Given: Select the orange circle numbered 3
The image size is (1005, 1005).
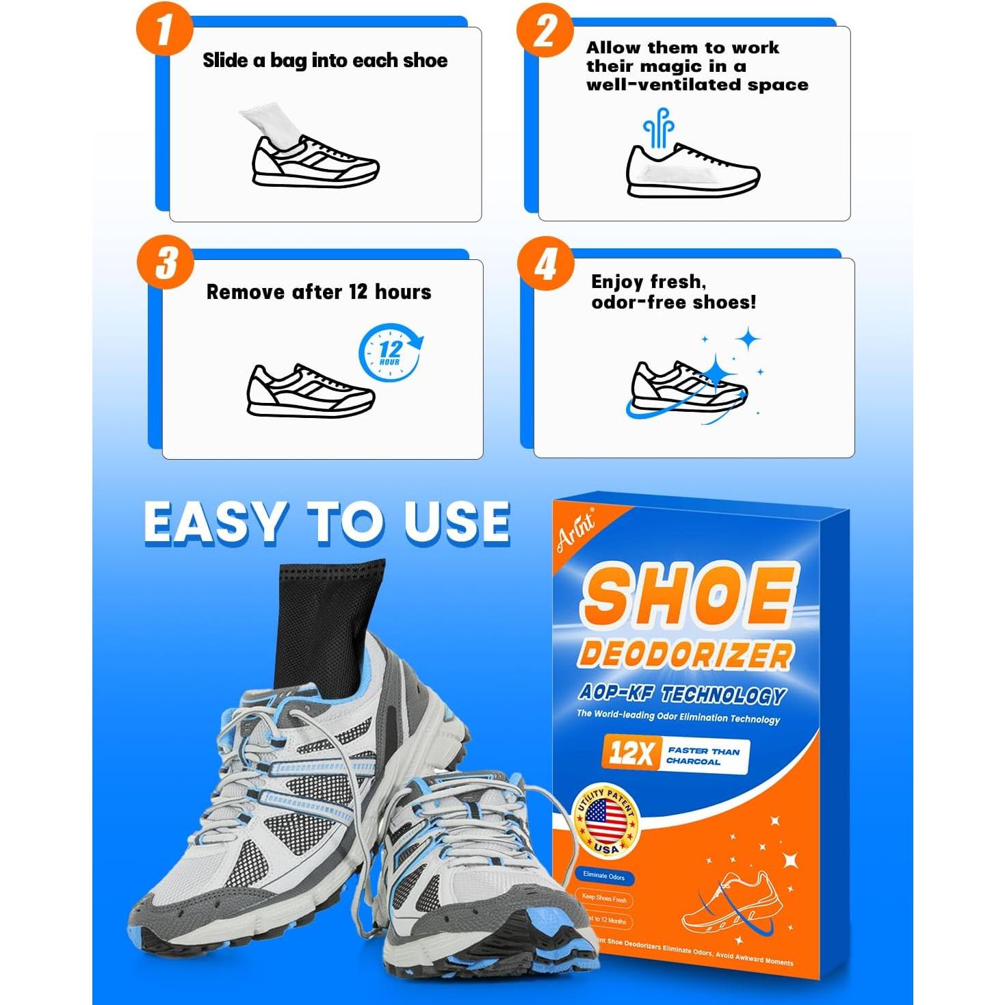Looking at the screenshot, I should pyautogui.click(x=166, y=263).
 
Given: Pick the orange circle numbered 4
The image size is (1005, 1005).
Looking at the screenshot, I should pyautogui.click(x=546, y=264).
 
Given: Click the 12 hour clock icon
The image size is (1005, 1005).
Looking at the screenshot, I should pyautogui.click(x=390, y=353).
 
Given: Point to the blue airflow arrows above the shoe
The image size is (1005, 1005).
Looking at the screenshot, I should pyautogui.click(x=658, y=127).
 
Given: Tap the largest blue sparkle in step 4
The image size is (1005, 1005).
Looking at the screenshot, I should pyautogui.click(x=716, y=373).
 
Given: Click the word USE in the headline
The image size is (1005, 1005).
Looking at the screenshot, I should pyautogui.click(x=456, y=523).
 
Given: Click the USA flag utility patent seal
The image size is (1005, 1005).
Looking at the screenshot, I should pyautogui.click(x=606, y=821).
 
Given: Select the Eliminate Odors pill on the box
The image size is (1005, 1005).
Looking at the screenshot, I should pyautogui.click(x=603, y=876).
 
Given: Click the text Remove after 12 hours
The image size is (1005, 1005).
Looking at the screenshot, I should pyautogui.click(x=319, y=292).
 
